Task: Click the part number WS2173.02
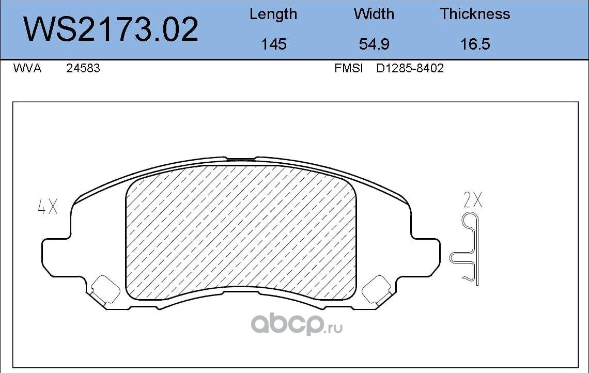click(111, 29)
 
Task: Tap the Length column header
click(273, 14)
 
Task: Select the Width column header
click(374, 14)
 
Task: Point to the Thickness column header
click(475, 14)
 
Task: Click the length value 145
click(273, 44)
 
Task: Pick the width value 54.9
click(374, 44)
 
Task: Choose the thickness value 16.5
click(475, 44)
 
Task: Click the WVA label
click(27, 68)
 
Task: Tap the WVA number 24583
click(83, 68)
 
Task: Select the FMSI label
click(349, 68)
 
